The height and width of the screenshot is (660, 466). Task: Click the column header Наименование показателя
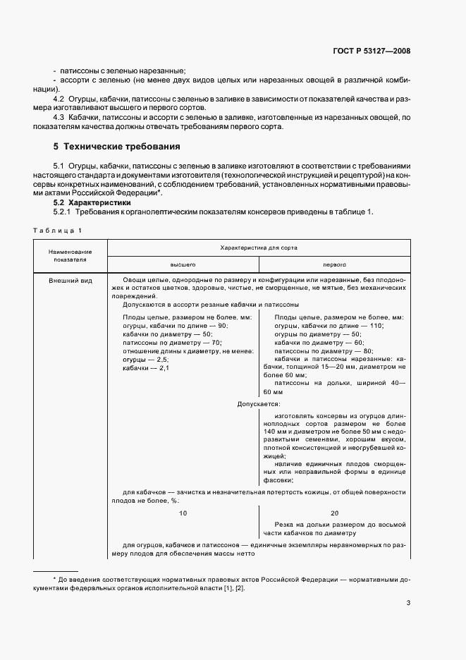[x=70, y=255]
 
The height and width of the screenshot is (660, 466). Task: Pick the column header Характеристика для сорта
[x=258, y=248]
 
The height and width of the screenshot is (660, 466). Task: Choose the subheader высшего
[x=183, y=264]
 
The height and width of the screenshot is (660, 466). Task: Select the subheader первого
[x=334, y=264]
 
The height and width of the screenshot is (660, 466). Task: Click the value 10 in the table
[x=183, y=513]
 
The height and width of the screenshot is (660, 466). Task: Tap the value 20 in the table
[x=334, y=513]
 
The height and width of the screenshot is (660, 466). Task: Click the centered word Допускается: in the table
[x=259, y=404]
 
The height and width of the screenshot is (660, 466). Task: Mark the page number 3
[x=408, y=602]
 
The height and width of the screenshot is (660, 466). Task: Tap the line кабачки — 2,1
[x=146, y=368]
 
